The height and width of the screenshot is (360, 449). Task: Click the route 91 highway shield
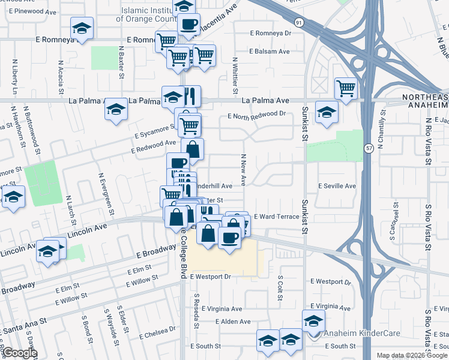pos(298,22)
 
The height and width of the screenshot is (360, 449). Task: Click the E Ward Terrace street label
pos(276,216)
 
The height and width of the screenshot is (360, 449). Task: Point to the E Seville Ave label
pos(337,186)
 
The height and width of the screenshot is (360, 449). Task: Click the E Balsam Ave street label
pos(267,52)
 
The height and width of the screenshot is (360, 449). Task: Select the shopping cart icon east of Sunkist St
pos(346,89)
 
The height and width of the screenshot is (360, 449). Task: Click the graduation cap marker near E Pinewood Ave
pos(82,28)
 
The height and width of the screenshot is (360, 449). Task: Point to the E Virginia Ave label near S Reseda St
pos(221,309)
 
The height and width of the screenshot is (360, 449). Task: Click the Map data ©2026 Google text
pos(411,355)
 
